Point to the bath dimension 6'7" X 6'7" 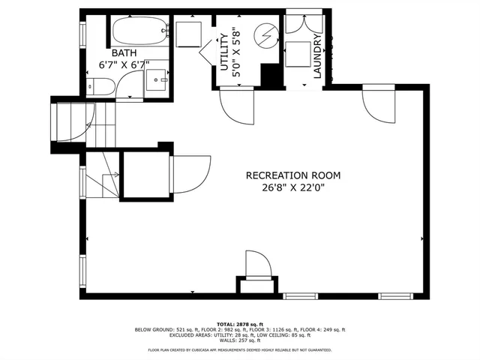(124, 64)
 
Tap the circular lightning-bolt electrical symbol (265, 34)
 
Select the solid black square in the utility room (269, 76)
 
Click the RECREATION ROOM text (293, 175)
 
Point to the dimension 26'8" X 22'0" (293, 187)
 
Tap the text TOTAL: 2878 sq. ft (239, 322)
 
